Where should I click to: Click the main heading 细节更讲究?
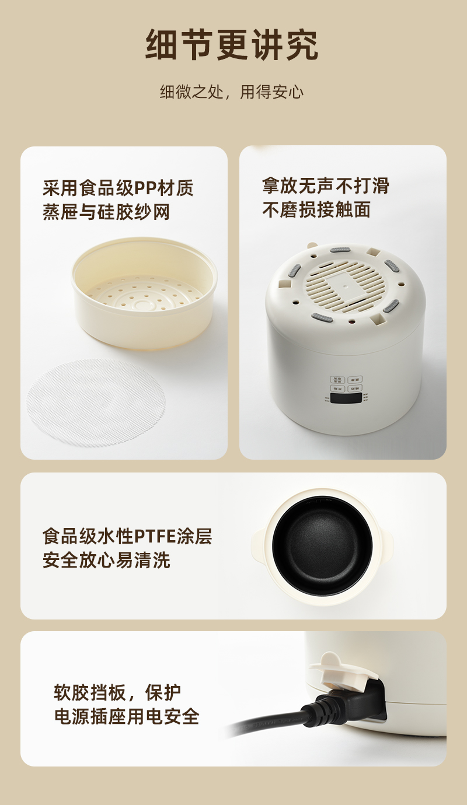pos(232,45)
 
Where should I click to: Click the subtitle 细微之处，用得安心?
pos(232,92)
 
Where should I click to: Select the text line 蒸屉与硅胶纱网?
pos(106,212)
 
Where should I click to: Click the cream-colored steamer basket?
pos(144,293)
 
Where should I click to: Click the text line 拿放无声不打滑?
pos(325,186)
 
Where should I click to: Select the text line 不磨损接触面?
pos(316,209)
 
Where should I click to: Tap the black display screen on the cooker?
pos(346,398)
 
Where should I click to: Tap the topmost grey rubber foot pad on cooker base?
pos(340,250)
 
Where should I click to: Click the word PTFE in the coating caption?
pos(156,537)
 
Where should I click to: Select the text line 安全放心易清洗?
pos(106,560)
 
